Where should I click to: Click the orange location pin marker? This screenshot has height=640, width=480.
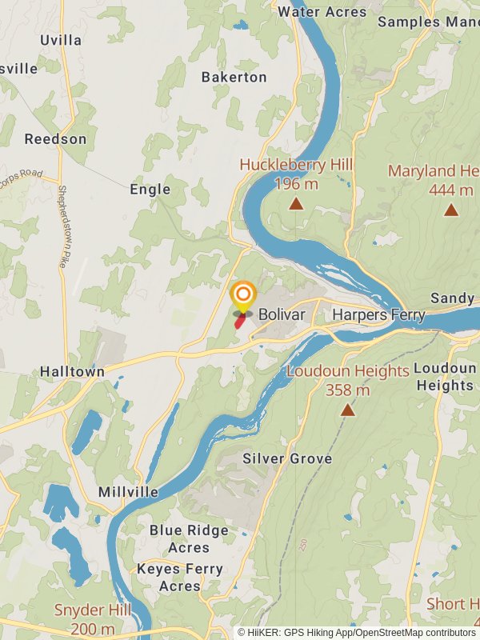pyautogui.click(x=243, y=295)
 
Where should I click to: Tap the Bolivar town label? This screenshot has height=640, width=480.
pyautogui.click(x=282, y=315)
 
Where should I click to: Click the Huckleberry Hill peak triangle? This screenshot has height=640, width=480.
pyautogui.click(x=296, y=204)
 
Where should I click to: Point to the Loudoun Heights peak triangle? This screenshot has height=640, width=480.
pyautogui.click(x=347, y=410)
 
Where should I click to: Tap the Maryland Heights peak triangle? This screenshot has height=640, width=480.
pyautogui.click(x=451, y=210)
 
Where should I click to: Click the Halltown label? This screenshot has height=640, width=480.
pyautogui.click(x=72, y=372)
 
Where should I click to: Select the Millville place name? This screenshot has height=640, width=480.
pyautogui.click(x=128, y=492)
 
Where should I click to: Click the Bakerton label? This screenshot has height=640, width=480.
pyautogui.click(x=234, y=78)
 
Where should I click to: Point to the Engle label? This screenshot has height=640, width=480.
pyautogui.click(x=150, y=190)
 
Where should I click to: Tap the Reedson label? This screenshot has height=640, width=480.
pyautogui.click(x=55, y=139)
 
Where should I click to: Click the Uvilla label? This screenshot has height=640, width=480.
pyautogui.click(x=61, y=39)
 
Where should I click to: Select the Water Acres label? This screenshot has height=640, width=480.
pyautogui.click(x=322, y=12)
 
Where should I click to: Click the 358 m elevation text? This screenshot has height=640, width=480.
pyautogui.click(x=347, y=390)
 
